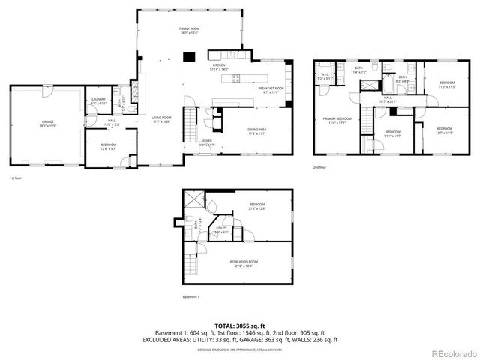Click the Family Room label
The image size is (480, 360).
pyautogui.click(x=189, y=30)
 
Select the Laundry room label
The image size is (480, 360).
pyautogui.click(x=98, y=101)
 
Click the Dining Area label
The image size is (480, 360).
pyautogui.click(x=257, y=131)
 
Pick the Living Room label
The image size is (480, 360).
pyautogui.click(x=162, y=119)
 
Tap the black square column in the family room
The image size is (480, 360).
pyautogui.click(x=190, y=55)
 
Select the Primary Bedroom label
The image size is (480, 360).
pyautogui.click(x=337, y=120)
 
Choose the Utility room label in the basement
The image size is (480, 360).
pyautogui.click(x=222, y=230)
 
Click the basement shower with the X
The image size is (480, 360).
pyautogui.click(x=194, y=197)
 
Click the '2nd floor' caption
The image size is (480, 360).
pyautogui.click(x=319, y=167)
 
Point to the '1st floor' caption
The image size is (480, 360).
pyautogui.click(x=16, y=178)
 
